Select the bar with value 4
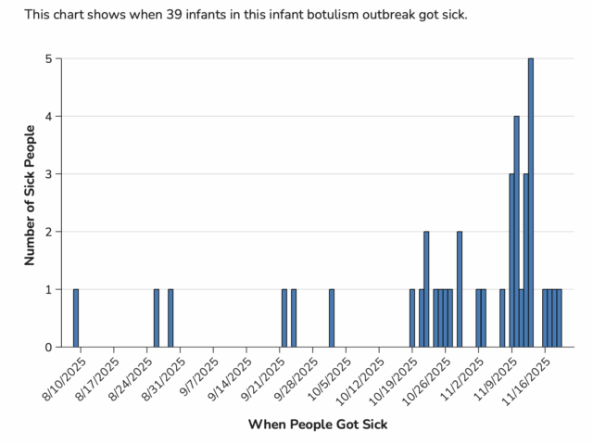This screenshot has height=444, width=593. (516, 232)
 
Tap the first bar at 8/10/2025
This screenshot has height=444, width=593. (76, 318)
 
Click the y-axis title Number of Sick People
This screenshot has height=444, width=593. (30, 195)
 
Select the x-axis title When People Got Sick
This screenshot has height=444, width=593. (318, 425)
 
